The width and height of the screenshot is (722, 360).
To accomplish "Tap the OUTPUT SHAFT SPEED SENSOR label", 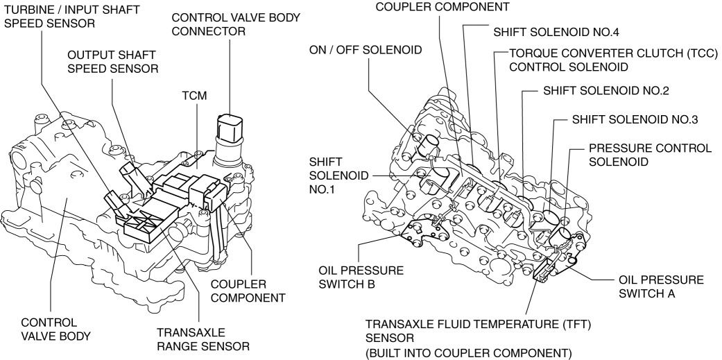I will (111, 61).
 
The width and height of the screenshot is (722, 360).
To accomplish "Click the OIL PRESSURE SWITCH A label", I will (660, 286).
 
